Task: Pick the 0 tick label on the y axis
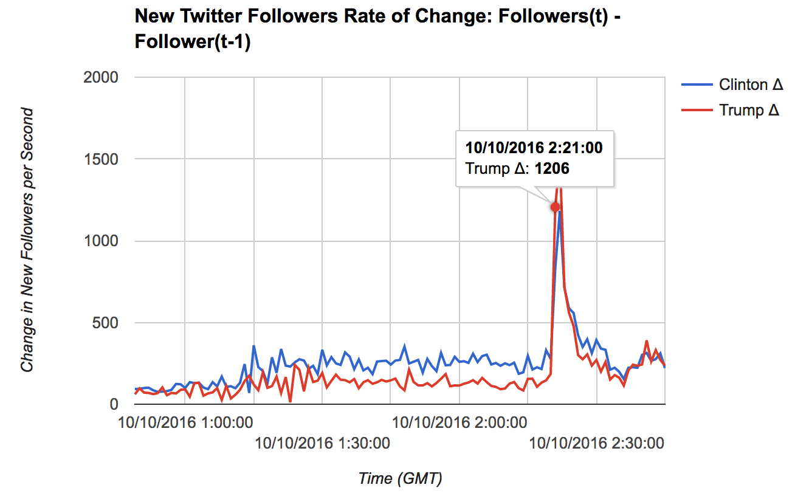coord(114,404)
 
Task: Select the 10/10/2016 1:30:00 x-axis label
coord(322,443)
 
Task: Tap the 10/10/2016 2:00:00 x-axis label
coord(459,422)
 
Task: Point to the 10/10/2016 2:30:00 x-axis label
coord(597,443)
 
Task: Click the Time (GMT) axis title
coord(400,478)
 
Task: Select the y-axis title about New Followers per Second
coord(27,240)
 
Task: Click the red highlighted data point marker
coord(555,207)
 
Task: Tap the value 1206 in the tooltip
coord(552,168)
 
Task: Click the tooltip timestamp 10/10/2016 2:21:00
coord(534,148)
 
